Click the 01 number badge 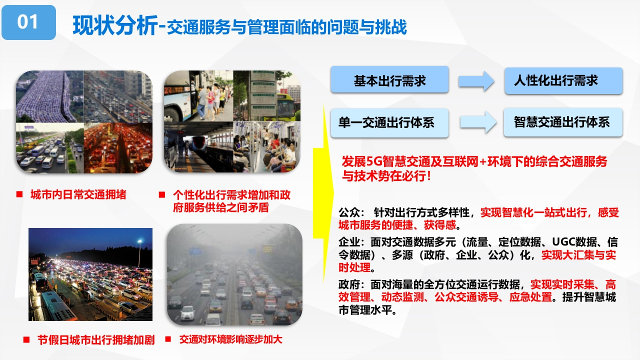(x=28, y=22)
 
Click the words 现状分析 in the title (x=115, y=25)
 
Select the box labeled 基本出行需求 (x=389, y=79)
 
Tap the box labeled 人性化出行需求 (x=563, y=81)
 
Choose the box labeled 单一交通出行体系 (x=389, y=123)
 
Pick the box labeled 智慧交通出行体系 (x=563, y=122)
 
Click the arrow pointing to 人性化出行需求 (x=476, y=81)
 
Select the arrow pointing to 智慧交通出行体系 (x=478, y=122)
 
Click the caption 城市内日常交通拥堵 (x=78, y=194)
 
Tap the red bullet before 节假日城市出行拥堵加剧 (x=26, y=339)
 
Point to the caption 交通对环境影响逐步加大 (x=231, y=339)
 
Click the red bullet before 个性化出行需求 (x=161, y=194)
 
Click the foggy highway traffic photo (x=234, y=274)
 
